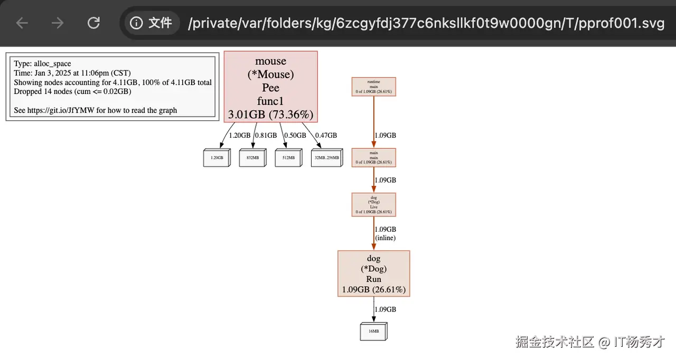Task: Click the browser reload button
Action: point(93,23)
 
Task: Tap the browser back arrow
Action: point(22,23)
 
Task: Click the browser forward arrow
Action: point(58,23)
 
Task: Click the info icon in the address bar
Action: point(136,23)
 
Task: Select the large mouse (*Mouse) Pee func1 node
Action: point(270,87)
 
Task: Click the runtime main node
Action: point(373,87)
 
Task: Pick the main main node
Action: point(373,157)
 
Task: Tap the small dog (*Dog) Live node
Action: point(373,204)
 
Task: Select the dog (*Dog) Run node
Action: point(373,273)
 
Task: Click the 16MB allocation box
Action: point(373,331)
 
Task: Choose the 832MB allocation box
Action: point(252,158)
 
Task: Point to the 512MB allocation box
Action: point(288,158)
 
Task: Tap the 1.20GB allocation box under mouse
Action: point(217,158)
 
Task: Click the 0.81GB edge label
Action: point(266,135)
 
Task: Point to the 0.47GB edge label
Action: point(326,135)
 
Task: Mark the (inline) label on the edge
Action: point(385,238)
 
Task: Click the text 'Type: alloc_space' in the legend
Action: point(42,64)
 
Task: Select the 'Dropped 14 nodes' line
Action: point(72,91)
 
